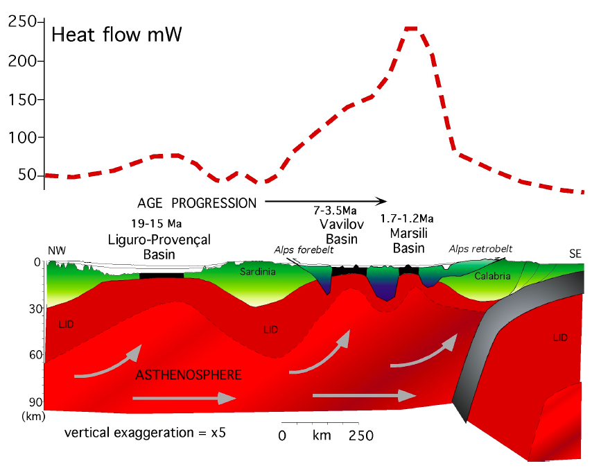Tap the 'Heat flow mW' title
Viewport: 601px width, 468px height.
[x=116, y=34]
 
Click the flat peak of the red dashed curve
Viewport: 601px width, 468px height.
[x=411, y=28]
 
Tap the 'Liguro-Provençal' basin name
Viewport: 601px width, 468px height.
[x=159, y=240]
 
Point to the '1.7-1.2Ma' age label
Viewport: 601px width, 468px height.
[x=407, y=219]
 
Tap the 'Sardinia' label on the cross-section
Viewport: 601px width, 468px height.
[x=257, y=271]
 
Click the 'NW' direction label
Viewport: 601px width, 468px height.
[x=56, y=252]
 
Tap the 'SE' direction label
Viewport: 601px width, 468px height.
[x=575, y=254]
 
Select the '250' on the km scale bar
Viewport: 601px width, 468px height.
[x=360, y=435]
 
